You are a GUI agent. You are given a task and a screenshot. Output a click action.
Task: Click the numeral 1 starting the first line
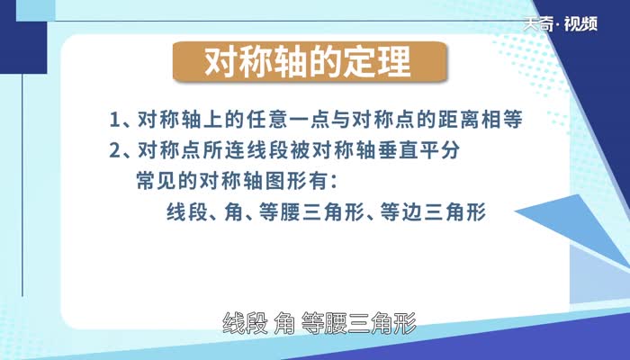(x=113, y=120)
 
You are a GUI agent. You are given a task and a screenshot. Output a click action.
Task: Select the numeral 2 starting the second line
(x=113, y=149)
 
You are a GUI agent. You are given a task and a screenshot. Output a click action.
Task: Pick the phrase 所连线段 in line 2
(x=232, y=149)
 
